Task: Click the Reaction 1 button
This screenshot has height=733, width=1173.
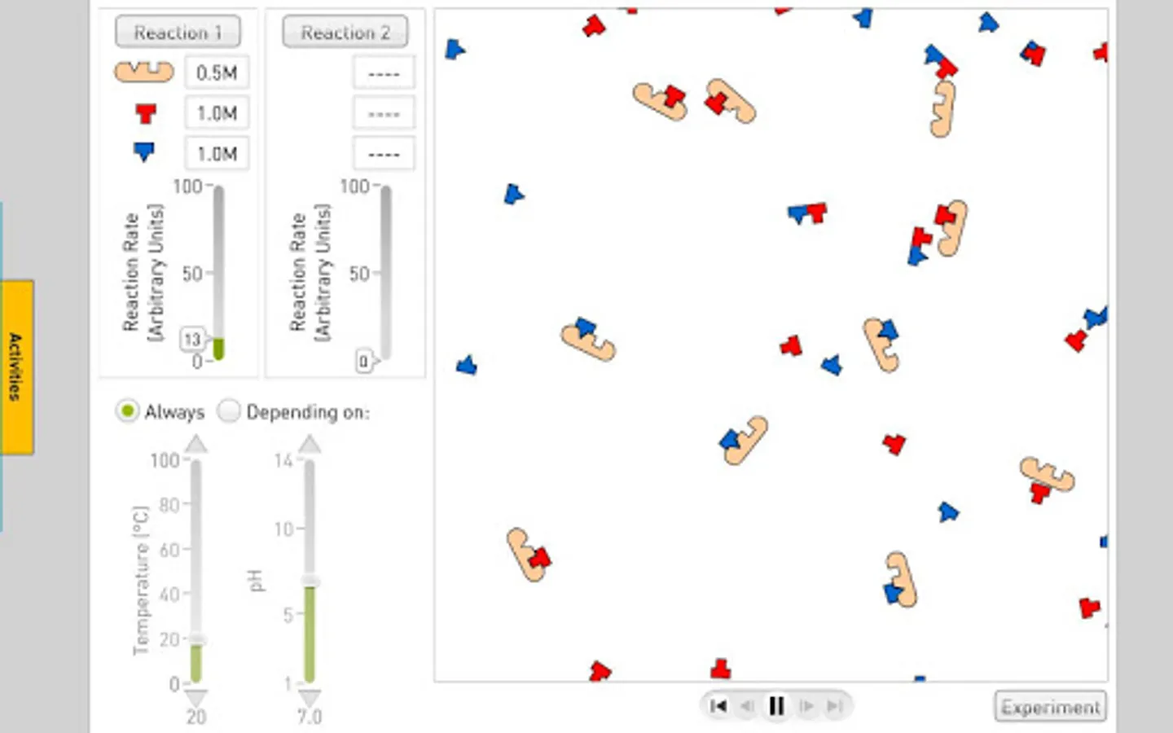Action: (x=178, y=32)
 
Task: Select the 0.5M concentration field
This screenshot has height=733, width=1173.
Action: (x=217, y=72)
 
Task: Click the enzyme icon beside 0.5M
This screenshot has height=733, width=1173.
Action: (x=144, y=71)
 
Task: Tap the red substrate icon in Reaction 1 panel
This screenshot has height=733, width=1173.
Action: (x=146, y=113)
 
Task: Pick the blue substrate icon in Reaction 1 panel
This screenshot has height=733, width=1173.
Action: (x=144, y=151)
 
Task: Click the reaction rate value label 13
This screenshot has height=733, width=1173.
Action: (x=193, y=340)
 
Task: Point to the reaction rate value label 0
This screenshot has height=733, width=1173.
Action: (x=364, y=362)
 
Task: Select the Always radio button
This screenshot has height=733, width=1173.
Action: (x=127, y=411)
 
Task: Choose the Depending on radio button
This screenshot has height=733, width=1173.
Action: (x=229, y=411)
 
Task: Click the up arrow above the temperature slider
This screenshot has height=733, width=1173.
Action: (x=196, y=445)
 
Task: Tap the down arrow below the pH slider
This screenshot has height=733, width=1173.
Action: (x=310, y=698)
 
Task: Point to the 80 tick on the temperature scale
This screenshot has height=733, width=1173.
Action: (x=169, y=505)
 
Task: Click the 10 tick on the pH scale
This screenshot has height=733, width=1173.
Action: (x=284, y=529)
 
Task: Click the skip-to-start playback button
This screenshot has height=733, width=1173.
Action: (x=718, y=706)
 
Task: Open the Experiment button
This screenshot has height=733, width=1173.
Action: (x=1051, y=707)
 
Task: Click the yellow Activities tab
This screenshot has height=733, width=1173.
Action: (x=17, y=367)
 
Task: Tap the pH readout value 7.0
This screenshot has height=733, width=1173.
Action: (x=310, y=717)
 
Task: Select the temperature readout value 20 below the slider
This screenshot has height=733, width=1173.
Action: (x=195, y=717)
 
